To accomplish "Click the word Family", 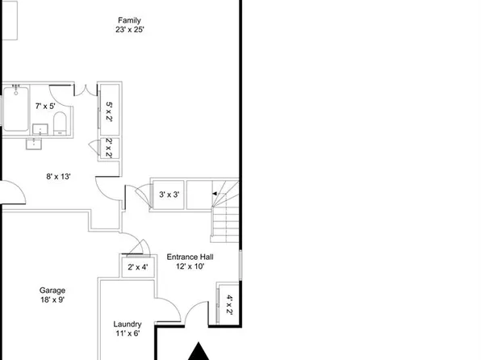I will [130, 19].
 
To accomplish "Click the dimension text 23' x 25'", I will [130, 30].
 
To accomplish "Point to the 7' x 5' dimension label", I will [46, 105].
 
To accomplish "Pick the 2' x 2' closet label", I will [109, 149].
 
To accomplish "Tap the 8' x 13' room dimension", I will [58, 176].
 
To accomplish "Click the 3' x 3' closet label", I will [169, 195].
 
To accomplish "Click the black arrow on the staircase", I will [215, 194].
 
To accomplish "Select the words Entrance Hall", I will [190, 257].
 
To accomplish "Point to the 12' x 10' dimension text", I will [190, 266].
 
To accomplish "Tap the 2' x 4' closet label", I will [137, 267].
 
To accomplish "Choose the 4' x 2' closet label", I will [228, 303].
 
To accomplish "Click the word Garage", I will [52, 291].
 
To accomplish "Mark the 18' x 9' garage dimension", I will [52, 300].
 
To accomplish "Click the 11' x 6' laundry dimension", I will [128, 333].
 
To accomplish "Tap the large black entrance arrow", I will [198, 353].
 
